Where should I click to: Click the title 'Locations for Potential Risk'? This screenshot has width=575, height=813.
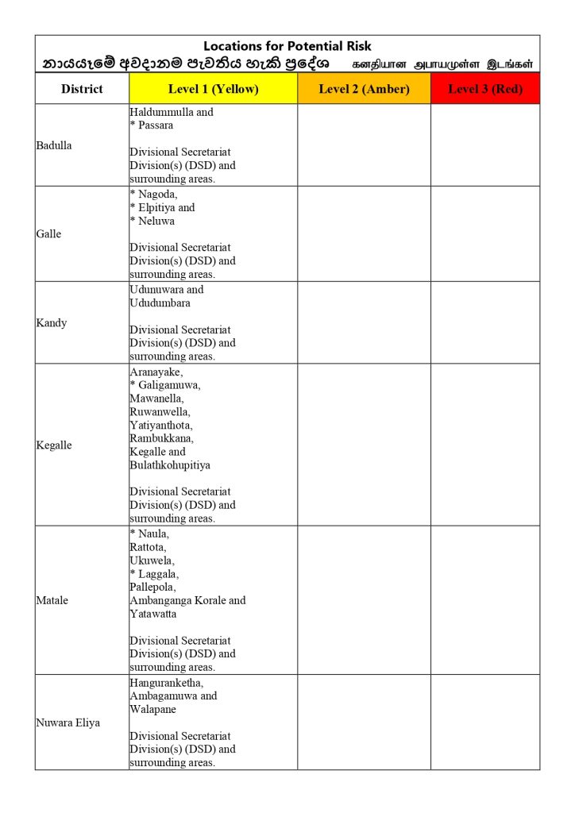(x=287, y=46)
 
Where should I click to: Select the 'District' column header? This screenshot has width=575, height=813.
(x=82, y=89)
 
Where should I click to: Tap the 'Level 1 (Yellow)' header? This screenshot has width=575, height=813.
(x=213, y=89)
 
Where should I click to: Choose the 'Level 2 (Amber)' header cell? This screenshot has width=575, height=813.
(x=364, y=89)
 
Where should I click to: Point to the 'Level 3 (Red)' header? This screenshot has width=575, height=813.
(x=485, y=89)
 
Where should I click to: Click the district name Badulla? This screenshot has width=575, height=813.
(x=54, y=145)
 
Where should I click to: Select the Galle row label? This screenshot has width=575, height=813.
(x=48, y=234)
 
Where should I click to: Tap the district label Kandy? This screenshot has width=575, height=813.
(x=52, y=323)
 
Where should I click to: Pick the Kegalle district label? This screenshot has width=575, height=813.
(x=54, y=445)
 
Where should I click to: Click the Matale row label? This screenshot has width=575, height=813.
(x=52, y=600)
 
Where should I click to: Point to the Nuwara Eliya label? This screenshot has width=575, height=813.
(x=68, y=722)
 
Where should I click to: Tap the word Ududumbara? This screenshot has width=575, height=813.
(x=160, y=302)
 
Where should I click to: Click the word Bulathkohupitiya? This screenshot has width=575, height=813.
(x=170, y=464)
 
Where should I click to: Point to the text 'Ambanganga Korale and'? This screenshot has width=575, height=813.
(x=187, y=600)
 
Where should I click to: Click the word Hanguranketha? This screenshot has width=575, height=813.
(x=166, y=682)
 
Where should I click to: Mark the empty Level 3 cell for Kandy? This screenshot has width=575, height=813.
(x=485, y=323)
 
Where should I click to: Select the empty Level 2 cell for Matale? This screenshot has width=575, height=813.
(x=364, y=600)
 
